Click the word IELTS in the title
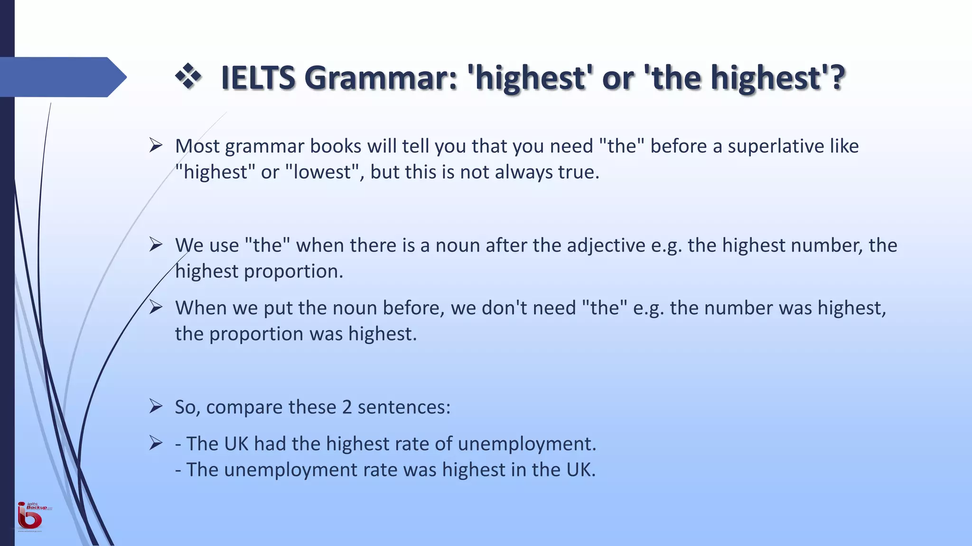click(x=258, y=78)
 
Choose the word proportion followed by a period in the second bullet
click(x=293, y=272)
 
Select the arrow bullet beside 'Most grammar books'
click(x=156, y=145)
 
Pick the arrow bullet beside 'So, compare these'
click(x=156, y=406)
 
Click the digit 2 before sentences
click(x=347, y=407)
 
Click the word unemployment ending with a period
click(x=527, y=444)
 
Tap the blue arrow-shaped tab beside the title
click(x=62, y=77)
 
